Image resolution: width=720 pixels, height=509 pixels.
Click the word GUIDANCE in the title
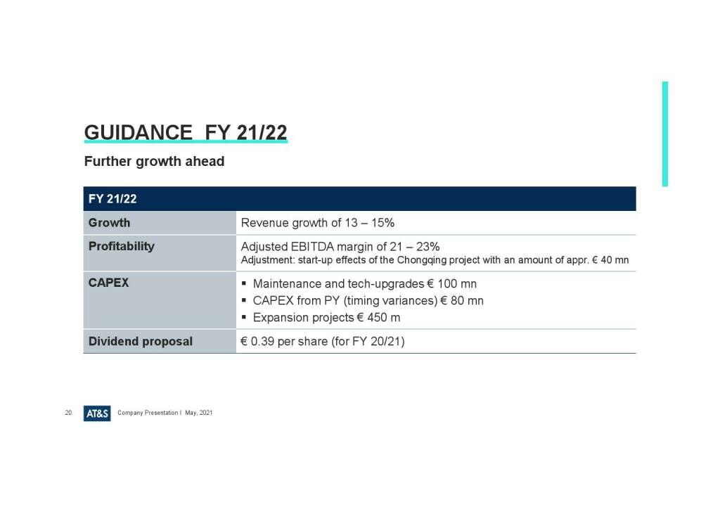coord(139,133)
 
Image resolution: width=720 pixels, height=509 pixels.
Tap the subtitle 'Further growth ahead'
coord(154,162)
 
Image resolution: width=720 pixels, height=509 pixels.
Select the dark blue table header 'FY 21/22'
coord(112,199)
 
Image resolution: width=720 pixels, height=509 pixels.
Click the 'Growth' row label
coord(109,223)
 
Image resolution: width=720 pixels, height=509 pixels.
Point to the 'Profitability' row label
coord(122,247)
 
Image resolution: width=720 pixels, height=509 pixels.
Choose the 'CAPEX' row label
coord(108,283)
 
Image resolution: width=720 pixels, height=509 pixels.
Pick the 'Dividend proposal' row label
coord(141,342)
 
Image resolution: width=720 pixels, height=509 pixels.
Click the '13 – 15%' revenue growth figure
coord(370,223)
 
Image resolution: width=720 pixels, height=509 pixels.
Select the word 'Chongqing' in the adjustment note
coord(422,260)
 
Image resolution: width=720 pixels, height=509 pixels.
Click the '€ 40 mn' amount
coord(610,260)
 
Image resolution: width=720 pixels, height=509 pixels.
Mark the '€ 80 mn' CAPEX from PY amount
coord(462,301)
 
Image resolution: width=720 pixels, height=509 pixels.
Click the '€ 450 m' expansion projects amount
coord(378,318)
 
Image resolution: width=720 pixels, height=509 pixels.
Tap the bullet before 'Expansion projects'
coord(244,317)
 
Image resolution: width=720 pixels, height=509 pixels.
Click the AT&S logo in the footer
coord(97,413)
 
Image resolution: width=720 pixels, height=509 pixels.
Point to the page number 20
coord(68,413)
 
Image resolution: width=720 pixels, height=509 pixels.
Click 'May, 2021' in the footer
coord(199,413)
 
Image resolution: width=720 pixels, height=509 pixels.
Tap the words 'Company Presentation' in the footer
coord(148,413)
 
